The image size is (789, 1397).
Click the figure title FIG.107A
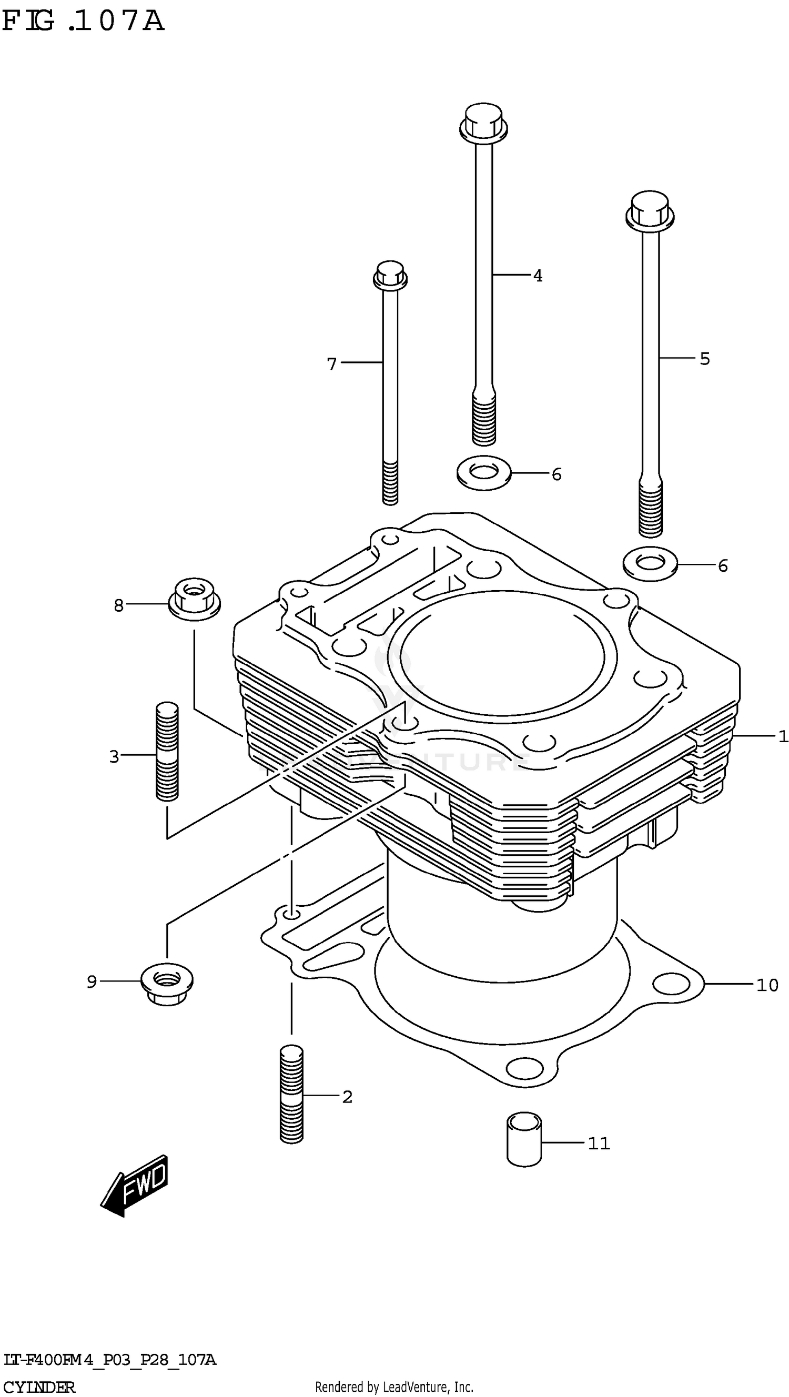click(83, 22)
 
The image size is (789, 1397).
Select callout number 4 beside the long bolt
click(538, 276)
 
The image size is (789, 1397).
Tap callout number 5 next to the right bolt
click(704, 359)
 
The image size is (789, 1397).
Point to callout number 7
click(332, 363)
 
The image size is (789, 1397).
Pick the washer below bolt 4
click(484, 472)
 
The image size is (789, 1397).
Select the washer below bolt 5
click(650, 563)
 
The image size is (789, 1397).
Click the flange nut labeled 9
click(166, 979)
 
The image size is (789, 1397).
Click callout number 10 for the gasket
click(767, 984)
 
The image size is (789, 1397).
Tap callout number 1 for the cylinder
click(783, 736)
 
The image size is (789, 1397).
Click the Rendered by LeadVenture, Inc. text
click(394, 1386)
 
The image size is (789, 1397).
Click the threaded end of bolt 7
click(390, 483)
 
